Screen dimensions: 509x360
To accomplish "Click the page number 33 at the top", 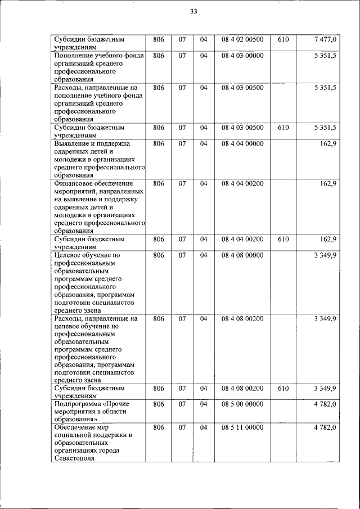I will click(193, 12).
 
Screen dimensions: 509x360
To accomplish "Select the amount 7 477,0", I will click(325, 39).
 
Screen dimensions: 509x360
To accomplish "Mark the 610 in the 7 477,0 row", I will click(283, 39).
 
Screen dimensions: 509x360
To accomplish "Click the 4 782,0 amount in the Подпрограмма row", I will click(325, 404).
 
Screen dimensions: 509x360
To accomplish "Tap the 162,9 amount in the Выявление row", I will click(328, 143).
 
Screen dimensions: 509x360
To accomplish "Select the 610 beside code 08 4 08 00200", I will click(283, 388).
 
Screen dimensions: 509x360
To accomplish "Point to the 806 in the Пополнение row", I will click(159, 56).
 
